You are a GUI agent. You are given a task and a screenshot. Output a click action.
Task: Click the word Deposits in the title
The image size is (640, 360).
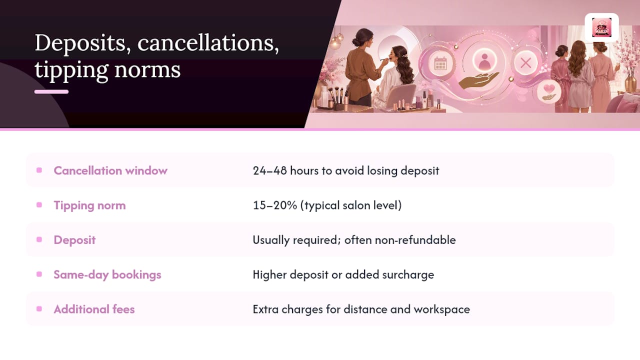(80, 43)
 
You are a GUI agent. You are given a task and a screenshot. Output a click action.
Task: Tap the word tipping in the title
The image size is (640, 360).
(71, 70)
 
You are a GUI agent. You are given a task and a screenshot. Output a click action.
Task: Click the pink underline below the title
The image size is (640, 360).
(51, 91)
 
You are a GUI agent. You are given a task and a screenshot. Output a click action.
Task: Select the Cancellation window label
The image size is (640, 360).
(110, 170)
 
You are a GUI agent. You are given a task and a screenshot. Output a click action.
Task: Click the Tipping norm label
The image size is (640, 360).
(89, 205)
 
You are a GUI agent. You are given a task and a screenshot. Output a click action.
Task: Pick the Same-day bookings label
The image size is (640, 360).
(107, 274)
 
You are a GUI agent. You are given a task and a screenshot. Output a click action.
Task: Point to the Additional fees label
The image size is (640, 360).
(94, 309)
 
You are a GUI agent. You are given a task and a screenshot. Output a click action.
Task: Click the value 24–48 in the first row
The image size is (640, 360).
(269, 170)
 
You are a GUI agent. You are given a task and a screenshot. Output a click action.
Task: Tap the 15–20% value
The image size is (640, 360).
(275, 205)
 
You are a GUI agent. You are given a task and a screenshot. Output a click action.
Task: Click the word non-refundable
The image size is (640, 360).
(415, 240)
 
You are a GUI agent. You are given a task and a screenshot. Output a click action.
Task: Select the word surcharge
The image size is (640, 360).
(408, 275)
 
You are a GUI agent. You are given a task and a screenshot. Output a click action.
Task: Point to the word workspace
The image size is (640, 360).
(441, 309)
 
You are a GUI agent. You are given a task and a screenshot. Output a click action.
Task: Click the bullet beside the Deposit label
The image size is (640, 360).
(39, 239)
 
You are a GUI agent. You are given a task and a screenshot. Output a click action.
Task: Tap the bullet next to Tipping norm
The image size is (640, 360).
(39, 205)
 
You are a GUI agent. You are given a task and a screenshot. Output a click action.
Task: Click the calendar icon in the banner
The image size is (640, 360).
(440, 63)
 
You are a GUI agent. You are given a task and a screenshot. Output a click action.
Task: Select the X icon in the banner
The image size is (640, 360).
(525, 63)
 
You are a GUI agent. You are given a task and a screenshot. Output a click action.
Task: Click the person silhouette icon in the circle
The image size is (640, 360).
(484, 62)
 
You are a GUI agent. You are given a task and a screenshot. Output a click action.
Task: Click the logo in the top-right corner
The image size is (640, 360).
(601, 27)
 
